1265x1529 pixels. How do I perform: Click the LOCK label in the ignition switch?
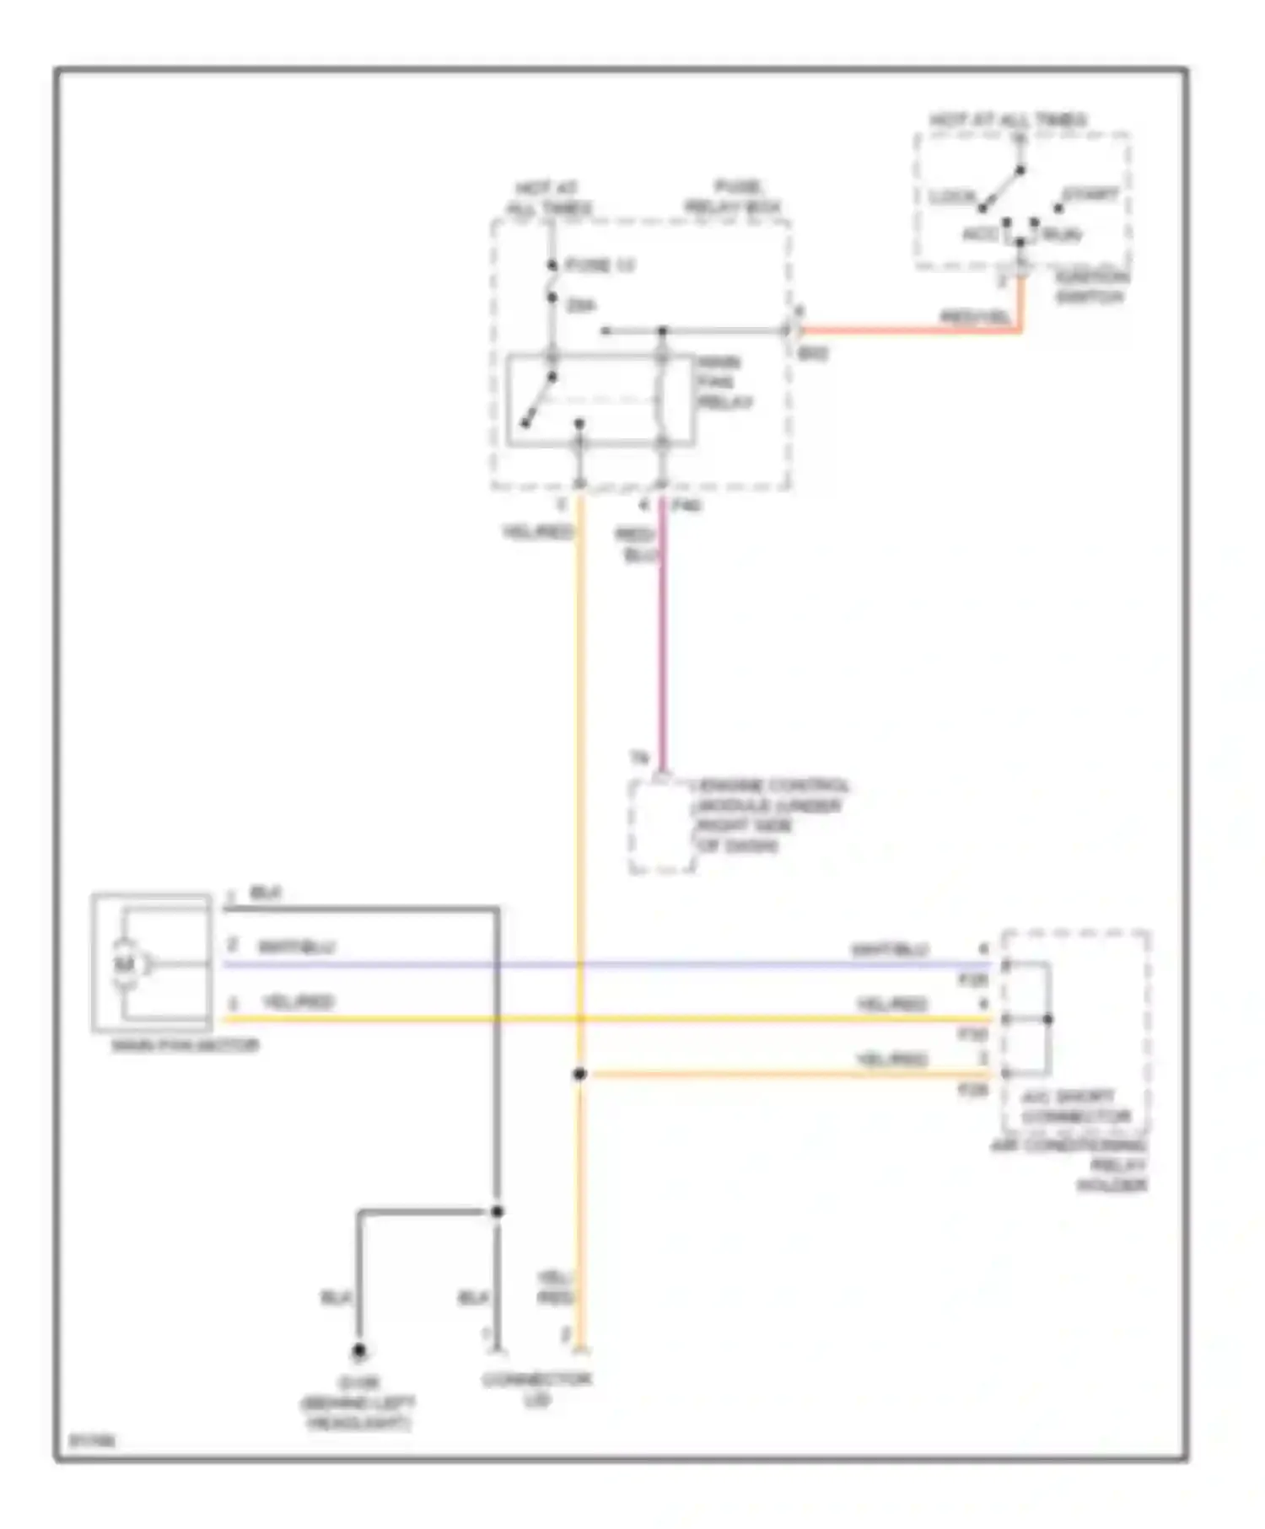952,197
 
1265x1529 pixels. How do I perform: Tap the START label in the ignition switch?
1090,196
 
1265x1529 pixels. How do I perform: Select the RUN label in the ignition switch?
1062,235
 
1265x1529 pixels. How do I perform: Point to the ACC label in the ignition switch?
980,234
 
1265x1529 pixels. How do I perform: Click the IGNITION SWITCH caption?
1090,287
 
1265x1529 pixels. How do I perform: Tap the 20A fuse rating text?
581,305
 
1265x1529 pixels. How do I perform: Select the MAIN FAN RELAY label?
724,383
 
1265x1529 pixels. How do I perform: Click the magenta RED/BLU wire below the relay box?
663,641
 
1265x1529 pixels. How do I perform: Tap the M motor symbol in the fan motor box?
125,964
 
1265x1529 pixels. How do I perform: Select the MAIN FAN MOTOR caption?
185,1045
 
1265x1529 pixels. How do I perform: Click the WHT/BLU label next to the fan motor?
296,947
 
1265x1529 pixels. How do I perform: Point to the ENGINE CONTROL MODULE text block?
768,815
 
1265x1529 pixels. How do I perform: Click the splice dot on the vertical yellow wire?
579,1074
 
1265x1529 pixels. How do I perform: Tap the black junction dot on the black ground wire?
498,1211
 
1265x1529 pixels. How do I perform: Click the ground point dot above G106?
358,1351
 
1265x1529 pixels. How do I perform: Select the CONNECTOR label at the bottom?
536,1380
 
